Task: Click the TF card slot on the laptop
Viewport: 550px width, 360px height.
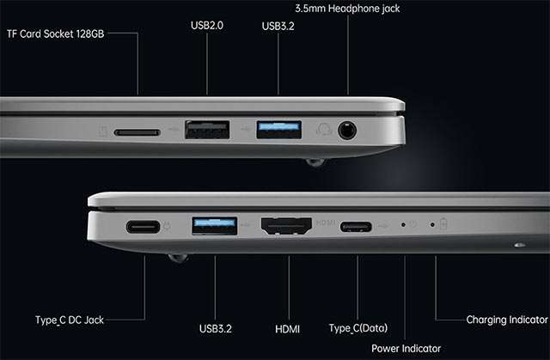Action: click(137, 132)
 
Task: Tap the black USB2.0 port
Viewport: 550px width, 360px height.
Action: click(207, 130)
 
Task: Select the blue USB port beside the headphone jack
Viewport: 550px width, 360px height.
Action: click(278, 130)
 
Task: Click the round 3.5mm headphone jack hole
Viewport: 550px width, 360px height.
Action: click(347, 131)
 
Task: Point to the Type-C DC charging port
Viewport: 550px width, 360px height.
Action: click(144, 227)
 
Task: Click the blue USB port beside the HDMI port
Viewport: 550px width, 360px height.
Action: click(215, 226)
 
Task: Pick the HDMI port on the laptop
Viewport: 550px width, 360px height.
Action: click(286, 226)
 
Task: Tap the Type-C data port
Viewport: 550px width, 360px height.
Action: click(356, 227)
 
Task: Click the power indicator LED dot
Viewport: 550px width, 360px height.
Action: click(403, 224)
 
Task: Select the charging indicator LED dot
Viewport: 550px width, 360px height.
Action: click(432, 224)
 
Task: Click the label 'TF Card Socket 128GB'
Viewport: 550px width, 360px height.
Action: click(55, 34)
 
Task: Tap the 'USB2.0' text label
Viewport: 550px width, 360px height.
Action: click(207, 25)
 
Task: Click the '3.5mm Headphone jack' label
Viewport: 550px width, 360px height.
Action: click(347, 9)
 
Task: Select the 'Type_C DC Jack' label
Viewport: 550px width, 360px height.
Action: click(70, 320)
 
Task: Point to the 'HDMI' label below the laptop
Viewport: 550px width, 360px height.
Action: click(288, 329)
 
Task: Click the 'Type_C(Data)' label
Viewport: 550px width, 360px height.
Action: click(358, 328)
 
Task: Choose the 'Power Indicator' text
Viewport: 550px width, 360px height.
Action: click(406, 349)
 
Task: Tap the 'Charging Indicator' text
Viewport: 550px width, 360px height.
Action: click(507, 320)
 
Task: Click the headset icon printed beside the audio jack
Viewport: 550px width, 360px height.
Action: click(324, 130)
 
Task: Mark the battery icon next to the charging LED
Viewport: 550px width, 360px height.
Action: click(443, 224)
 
